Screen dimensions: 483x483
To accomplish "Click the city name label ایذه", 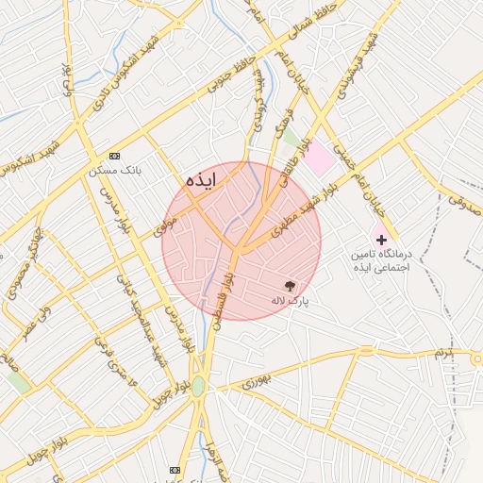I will pyautogui.click(x=202, y=180).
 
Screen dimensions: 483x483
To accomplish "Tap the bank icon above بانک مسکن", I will pyautogui.click(x=115, y=156).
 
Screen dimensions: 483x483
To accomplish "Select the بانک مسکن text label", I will pyautogui.click(x=115, y=171).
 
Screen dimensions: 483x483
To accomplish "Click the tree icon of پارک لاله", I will pyautogui.click(x=290, y=285).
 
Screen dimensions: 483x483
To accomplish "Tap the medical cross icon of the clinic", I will pyautogui.click(x=381, y=240).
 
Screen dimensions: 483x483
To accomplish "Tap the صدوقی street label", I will pyautogui.click(x=462, y=199).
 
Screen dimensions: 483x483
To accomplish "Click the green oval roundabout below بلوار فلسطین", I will pyautogui.click(x=198, y=387).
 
